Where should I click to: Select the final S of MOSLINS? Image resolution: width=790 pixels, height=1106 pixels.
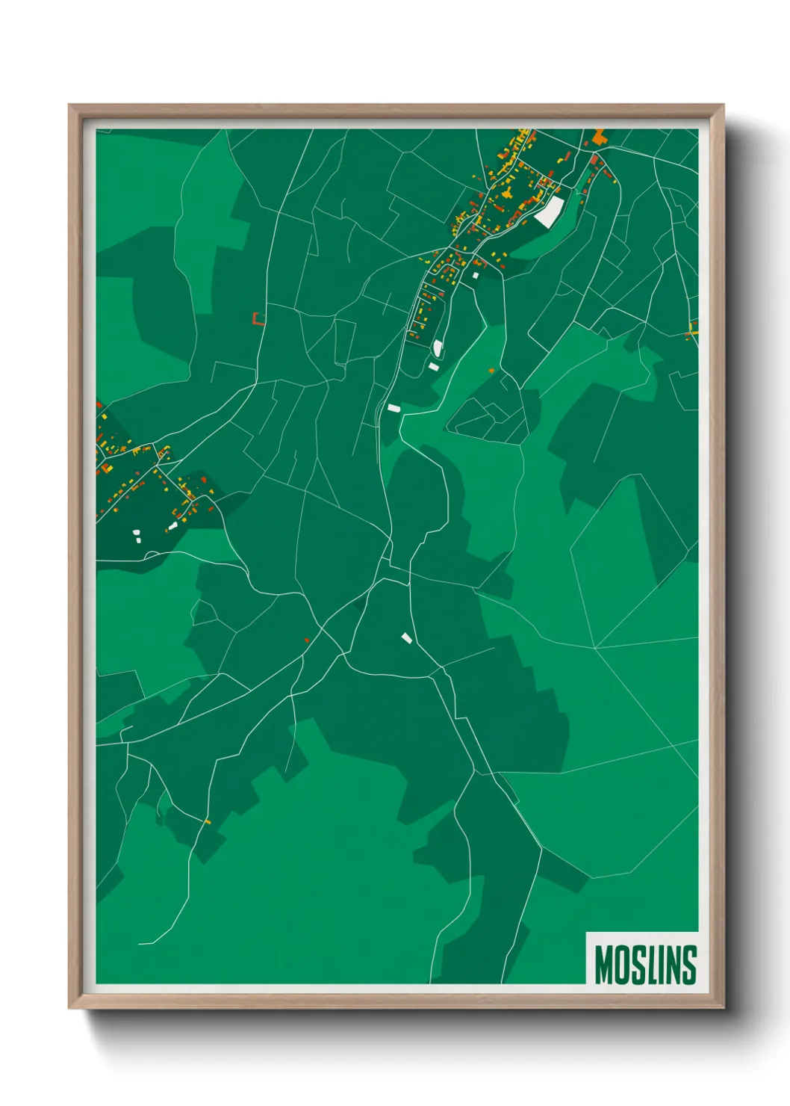(689, 965)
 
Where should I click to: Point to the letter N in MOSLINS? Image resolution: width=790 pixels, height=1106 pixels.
(672, 965)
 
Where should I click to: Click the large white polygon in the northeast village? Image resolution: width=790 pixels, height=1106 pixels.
(550, 211)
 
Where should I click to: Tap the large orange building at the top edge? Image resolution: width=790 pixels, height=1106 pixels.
(599, 137)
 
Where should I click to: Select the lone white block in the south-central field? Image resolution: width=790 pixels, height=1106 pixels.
(407, 637)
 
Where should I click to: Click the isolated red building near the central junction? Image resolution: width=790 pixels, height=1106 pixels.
(307, 640)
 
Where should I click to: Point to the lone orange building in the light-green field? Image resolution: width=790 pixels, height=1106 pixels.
(491, 370)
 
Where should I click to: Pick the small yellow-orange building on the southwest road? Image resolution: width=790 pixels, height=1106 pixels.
(208, 821)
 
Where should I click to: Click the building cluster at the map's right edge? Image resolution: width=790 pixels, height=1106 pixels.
(693, 330)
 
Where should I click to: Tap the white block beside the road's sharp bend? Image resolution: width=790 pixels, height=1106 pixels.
(394, 408)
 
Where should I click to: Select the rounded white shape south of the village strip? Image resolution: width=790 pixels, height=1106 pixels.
(438, 347)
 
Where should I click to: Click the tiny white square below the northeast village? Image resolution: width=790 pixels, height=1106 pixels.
(475, 276)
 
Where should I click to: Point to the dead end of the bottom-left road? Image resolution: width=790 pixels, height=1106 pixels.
(140, 944)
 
